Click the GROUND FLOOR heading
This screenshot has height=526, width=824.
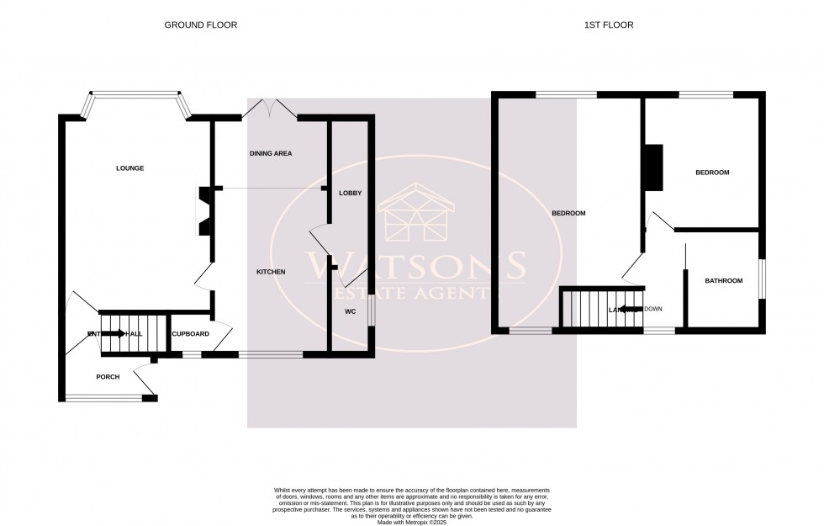pyautogui.click(x=200, y=25)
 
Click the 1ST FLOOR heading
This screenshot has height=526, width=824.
pyautogui.click(x=609, y=25)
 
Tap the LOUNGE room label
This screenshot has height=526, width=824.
pyautogui.click(x=129, y=168)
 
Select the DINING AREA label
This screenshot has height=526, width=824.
pyautogui.click(x=271, y=154)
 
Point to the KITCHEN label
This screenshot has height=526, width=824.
pyautogui.click(x=271, y=272)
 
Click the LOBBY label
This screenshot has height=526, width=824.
pyautogui.click(x=350, y=194)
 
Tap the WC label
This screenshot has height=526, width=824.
pyautogui.click(x=350, y=311)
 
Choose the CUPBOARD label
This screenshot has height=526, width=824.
pyautogui.click(x=190, y=334)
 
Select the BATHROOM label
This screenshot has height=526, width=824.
pyautogui.click(x=723, y=281)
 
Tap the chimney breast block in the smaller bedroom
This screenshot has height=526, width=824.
pyautogui.click(x=652, y=167)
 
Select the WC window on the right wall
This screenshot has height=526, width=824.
pyautogui.click(x=372, y=311)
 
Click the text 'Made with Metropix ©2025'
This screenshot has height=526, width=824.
pyautogui.click(x=412, y=523)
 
